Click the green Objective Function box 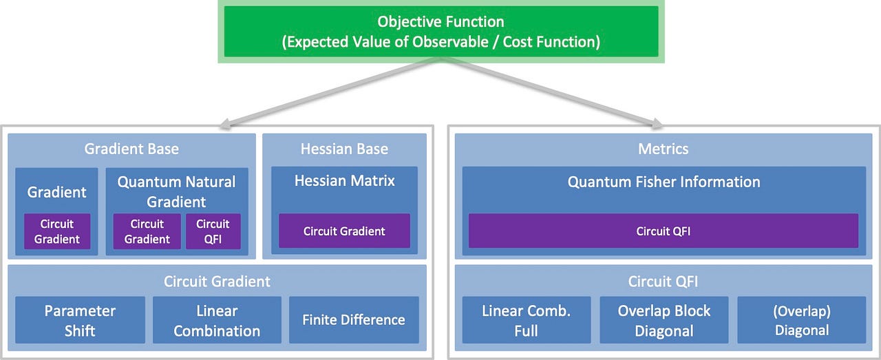pos(440,32)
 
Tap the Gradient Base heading pos(131,149)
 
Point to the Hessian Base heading pos(344,149)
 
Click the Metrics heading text pos(664,149)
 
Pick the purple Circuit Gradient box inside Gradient pos(57,231)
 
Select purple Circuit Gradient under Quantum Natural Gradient pos(147,231)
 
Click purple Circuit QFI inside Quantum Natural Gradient pos(213,231)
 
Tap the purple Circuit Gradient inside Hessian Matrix pos(344,231)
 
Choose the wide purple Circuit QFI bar pos(664,231)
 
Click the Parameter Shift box pos(80,320)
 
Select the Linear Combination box pos(217,320)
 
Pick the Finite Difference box pos(354,320)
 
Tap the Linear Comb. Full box pos(527,320)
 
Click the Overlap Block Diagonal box pos(664,320)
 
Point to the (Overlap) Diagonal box pos(802,320)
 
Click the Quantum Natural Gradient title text pos(176,191)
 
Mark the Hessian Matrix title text pos(344,181)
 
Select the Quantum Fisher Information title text pos(664,182)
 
